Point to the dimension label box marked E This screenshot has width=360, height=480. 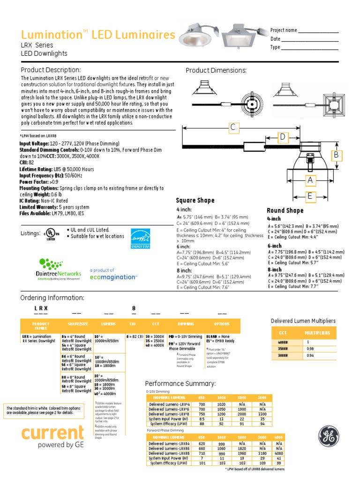coord(310,196)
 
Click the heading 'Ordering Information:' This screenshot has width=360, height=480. coord(52,298)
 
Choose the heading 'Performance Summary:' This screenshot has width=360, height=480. coord(180,383)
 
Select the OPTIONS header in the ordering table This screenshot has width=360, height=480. coord(222,324)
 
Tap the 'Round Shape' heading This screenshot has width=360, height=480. coord(285,210)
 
